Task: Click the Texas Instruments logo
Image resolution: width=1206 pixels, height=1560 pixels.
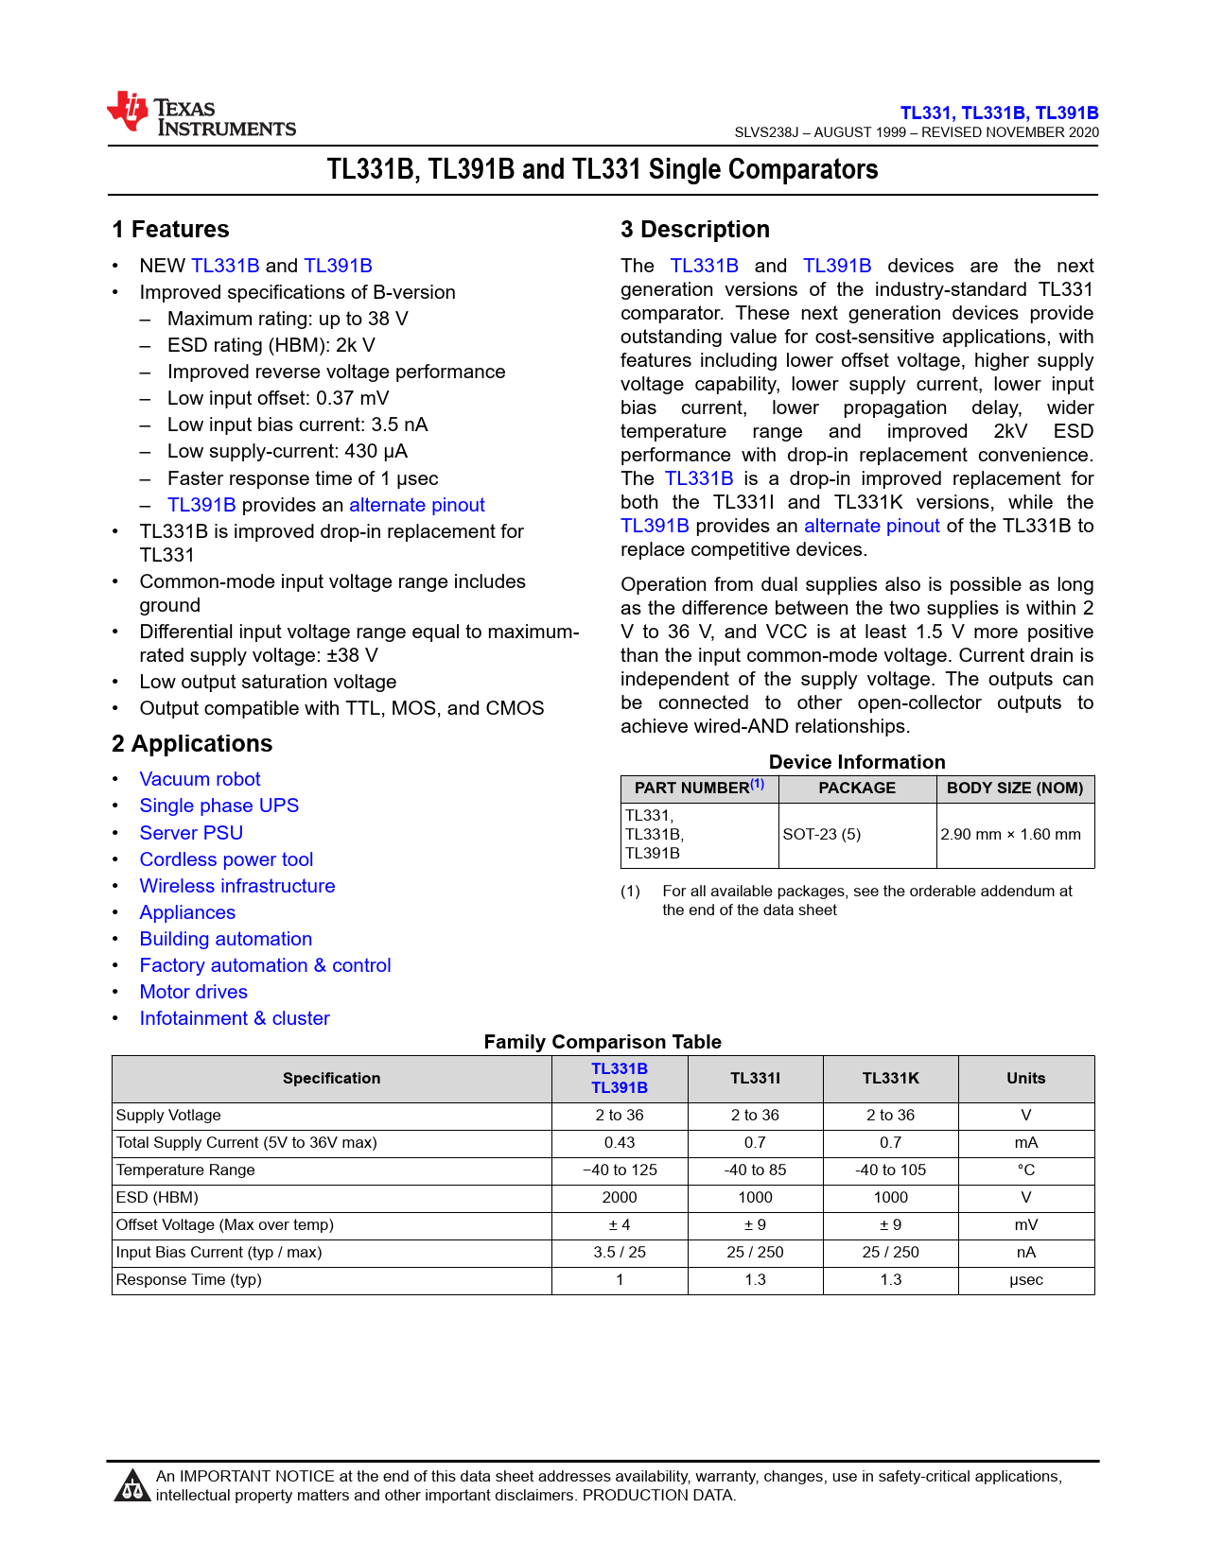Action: pyautogui.click(x=201, y=115)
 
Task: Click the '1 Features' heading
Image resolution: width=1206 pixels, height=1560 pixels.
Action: pyautogui.click(x=170, y=230)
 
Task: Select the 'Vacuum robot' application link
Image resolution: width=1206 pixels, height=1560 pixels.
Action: pyautogui.click(x=200, y=779)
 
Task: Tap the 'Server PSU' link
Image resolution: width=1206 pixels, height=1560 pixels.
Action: pyautogui.click(x=191, y=833)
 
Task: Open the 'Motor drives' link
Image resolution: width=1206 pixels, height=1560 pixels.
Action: pyautogui.click(x=193, y=992)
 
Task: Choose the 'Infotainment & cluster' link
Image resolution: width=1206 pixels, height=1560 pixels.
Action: pyautogui.click(x=235, y=1018)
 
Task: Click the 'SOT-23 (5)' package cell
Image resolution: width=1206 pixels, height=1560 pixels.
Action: pyautogui.click(x=822, y=835)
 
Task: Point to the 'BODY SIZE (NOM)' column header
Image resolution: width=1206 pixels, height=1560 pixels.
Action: pyautogui.click(x=1015, y=789)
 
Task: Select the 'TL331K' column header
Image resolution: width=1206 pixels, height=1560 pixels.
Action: pyautogui.click(x=890, y=1079)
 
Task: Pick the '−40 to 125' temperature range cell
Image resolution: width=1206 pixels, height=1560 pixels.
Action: pyautogui.click(x=620, y=1170)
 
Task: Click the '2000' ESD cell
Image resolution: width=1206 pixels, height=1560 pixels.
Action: pyautogui.click(x=620, y=1198)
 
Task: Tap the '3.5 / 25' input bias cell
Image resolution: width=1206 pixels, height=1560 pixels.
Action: pyautogui.click(x=620, y=1253)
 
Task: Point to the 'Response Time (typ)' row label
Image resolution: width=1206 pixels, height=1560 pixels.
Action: pyautogui.click(x=189, y=1280)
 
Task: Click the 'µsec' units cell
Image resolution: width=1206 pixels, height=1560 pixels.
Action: pyautogui.click(x=1025, y=1280)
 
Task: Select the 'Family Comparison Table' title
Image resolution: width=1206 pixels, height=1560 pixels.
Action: pyautogui.click(x=603, y=1042)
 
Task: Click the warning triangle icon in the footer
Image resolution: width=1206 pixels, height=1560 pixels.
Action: pyautogui.click(x=131, y=1486)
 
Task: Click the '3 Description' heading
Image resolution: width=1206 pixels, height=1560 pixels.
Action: pyautogui.click(x=695, y=230)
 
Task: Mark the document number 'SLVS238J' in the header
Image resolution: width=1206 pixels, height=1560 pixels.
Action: pyautogui.click(x=766, y=132)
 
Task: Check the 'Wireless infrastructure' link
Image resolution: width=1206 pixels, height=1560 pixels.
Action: pyautogui.click(x=237, y=886)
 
